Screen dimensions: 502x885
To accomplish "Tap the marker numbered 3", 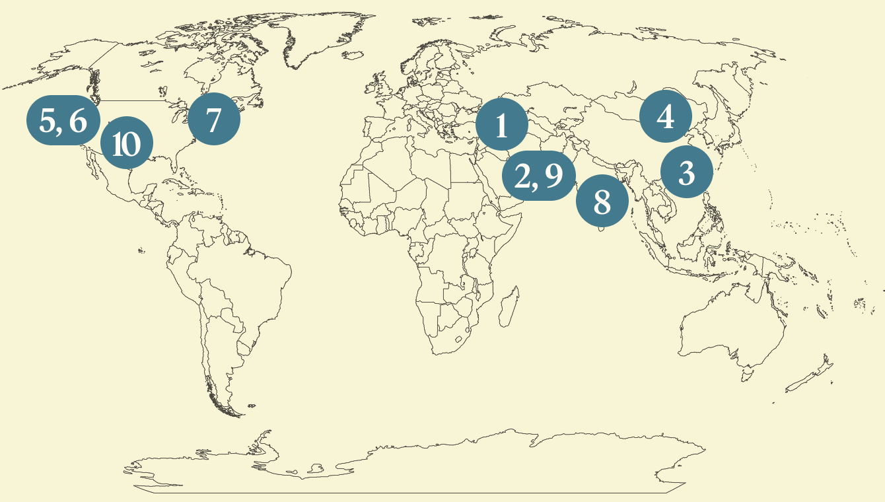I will coord(686,172).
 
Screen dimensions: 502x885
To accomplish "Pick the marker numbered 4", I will coord(665,117).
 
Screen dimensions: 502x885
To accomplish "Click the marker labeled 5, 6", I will coord(63,121).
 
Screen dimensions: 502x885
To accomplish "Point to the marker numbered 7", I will coord(213,120).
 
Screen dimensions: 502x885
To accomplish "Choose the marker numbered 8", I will coord(602,201).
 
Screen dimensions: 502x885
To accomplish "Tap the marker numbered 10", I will coord(126,143).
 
